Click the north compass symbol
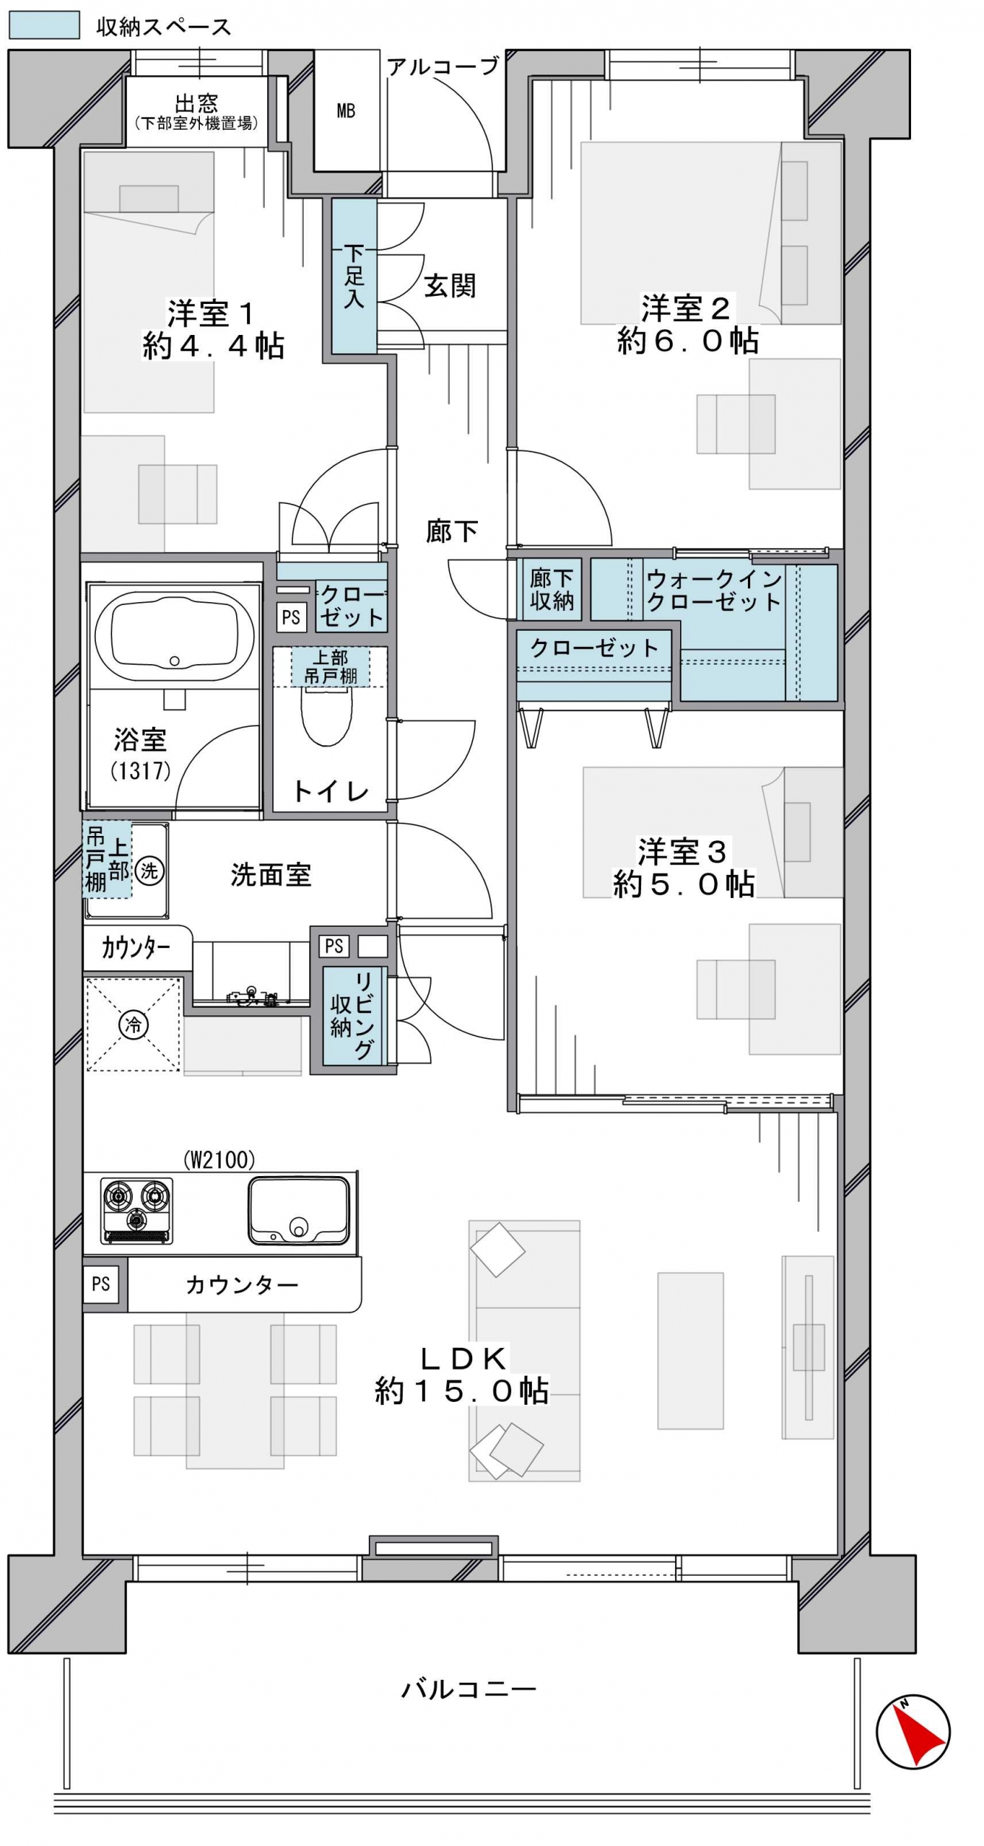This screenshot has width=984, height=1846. [912, 1732]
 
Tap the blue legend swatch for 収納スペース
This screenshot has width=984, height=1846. [44, 25]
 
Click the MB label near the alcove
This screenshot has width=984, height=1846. [346, 111]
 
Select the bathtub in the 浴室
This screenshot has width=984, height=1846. [174, 636]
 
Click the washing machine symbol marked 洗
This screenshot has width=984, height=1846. [150, 871]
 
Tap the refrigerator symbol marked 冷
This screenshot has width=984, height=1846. [134, 1024]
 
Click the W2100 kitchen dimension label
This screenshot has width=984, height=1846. [219, 1160]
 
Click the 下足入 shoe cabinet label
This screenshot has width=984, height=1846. [354, 277]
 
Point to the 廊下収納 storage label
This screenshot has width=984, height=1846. [552, 590]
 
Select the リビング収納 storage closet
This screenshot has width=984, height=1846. [353, 1015]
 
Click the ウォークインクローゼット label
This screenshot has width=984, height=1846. [714, 590]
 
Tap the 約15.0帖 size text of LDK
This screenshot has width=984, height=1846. [462, 1392]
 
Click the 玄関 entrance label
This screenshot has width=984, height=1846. [450, 286]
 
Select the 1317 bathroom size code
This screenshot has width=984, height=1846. [141, 770]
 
